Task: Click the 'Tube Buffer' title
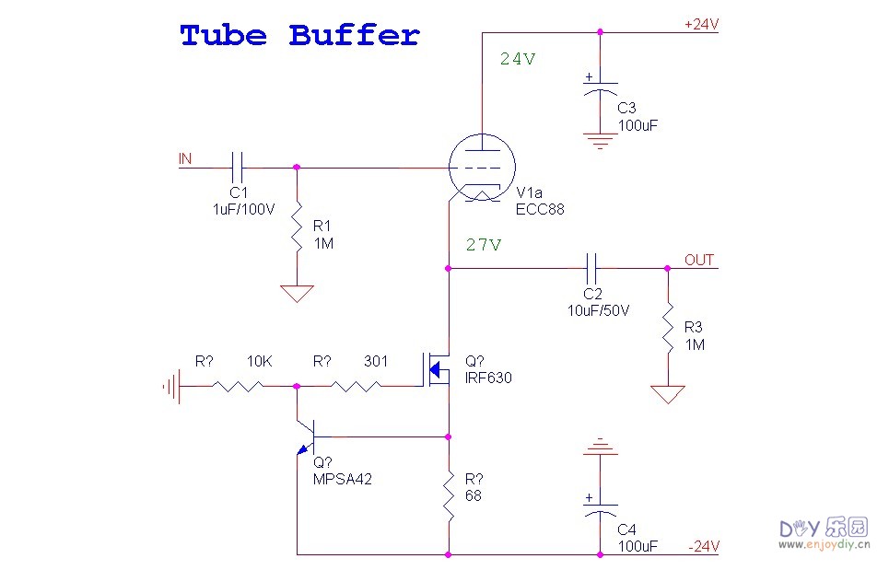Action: pyautogui.click(x=299, y=36)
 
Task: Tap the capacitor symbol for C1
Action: pyautogui.click(x=238, y=168)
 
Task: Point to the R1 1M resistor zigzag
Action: pyautogui.click(x=297, y=226)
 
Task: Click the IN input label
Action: pyautogui.click(x=185, y=159)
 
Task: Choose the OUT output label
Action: pyautogui.click(x=699, y=260)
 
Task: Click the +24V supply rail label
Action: pyautogui.click(x=701, y=25)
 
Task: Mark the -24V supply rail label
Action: pyautogui.click(x=704, y=546)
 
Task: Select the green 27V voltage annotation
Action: pyautogui.click(x=483, y=245)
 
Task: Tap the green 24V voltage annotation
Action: pyautogui.click(x=517, y=59)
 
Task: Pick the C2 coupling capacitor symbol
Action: pyautogui.click(x=594, y=268)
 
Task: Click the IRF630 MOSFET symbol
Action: pyautogui.click(x=435, y=368)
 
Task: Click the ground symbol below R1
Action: pyautogui.click(x=297, y=294)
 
